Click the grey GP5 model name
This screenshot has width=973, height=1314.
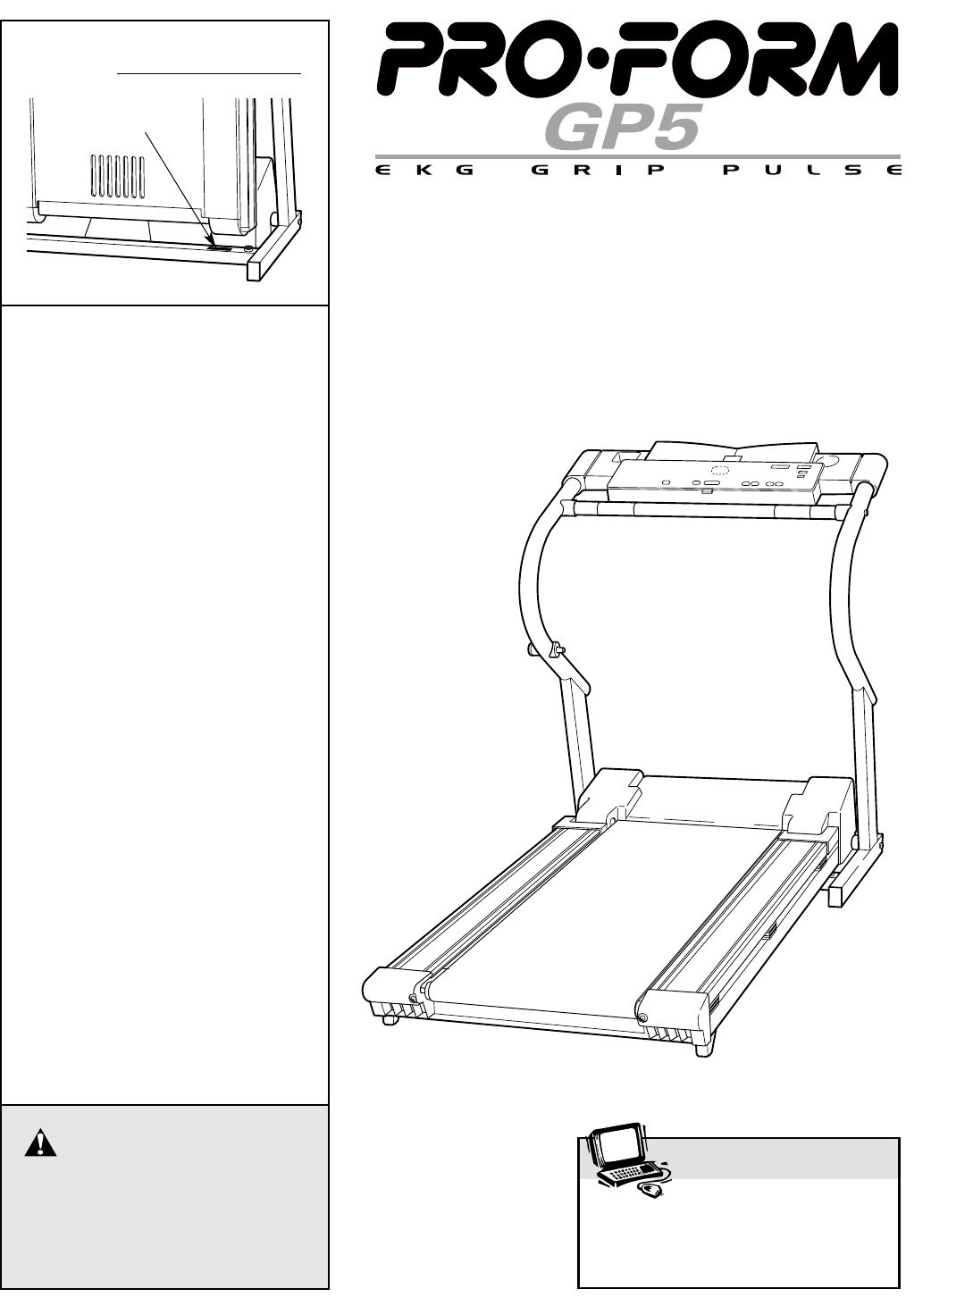(620, 126)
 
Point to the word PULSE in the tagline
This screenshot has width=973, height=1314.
(812, 171)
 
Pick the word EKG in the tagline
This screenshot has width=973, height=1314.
(425, 171)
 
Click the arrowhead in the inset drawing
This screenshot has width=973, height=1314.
(212, 240)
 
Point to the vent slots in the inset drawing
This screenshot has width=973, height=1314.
(117, 175)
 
